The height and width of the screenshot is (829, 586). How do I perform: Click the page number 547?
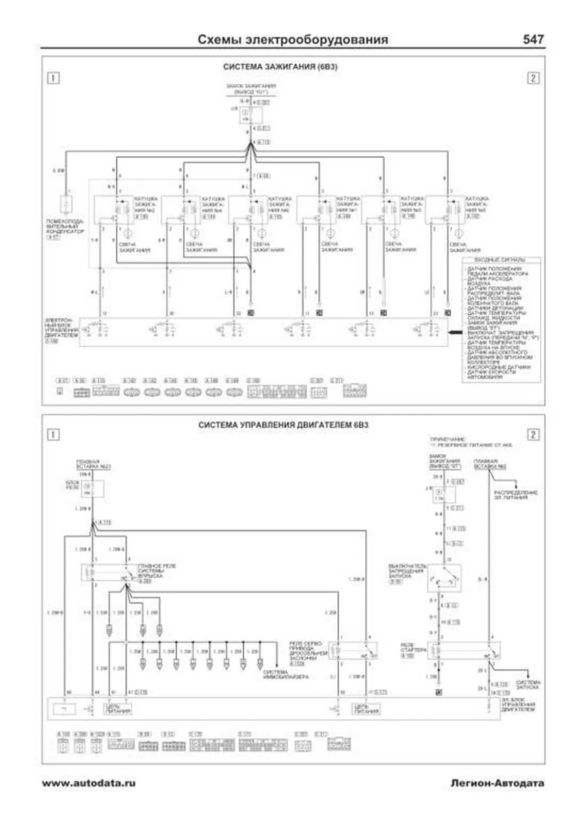tap(533, 40)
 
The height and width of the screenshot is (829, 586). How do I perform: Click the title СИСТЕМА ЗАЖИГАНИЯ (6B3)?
tap(280, 67)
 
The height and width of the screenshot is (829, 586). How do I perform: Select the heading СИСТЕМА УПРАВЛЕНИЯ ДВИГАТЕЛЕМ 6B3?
tap(283, 425)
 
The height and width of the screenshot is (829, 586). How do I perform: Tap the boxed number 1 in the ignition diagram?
tap(53, 78)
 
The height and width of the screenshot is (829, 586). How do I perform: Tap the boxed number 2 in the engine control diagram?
tap(533, 434)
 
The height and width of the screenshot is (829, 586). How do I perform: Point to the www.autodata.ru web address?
tap(89, 783)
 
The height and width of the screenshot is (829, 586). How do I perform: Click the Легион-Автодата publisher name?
tap(497, 783)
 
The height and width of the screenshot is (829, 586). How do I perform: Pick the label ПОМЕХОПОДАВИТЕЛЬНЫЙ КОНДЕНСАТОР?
tap(65, 227)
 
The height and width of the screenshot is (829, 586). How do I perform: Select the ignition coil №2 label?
tap(145, 204)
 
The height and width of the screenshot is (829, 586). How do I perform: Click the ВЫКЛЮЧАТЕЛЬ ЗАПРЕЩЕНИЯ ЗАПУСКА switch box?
tap(444, 579)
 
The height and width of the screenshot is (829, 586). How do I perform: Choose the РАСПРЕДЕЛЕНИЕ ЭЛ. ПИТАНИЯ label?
tap(515, 495)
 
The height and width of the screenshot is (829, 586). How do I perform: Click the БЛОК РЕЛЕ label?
tap(72, 485)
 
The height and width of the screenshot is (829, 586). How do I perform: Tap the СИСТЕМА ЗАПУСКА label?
tap(528, 685)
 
